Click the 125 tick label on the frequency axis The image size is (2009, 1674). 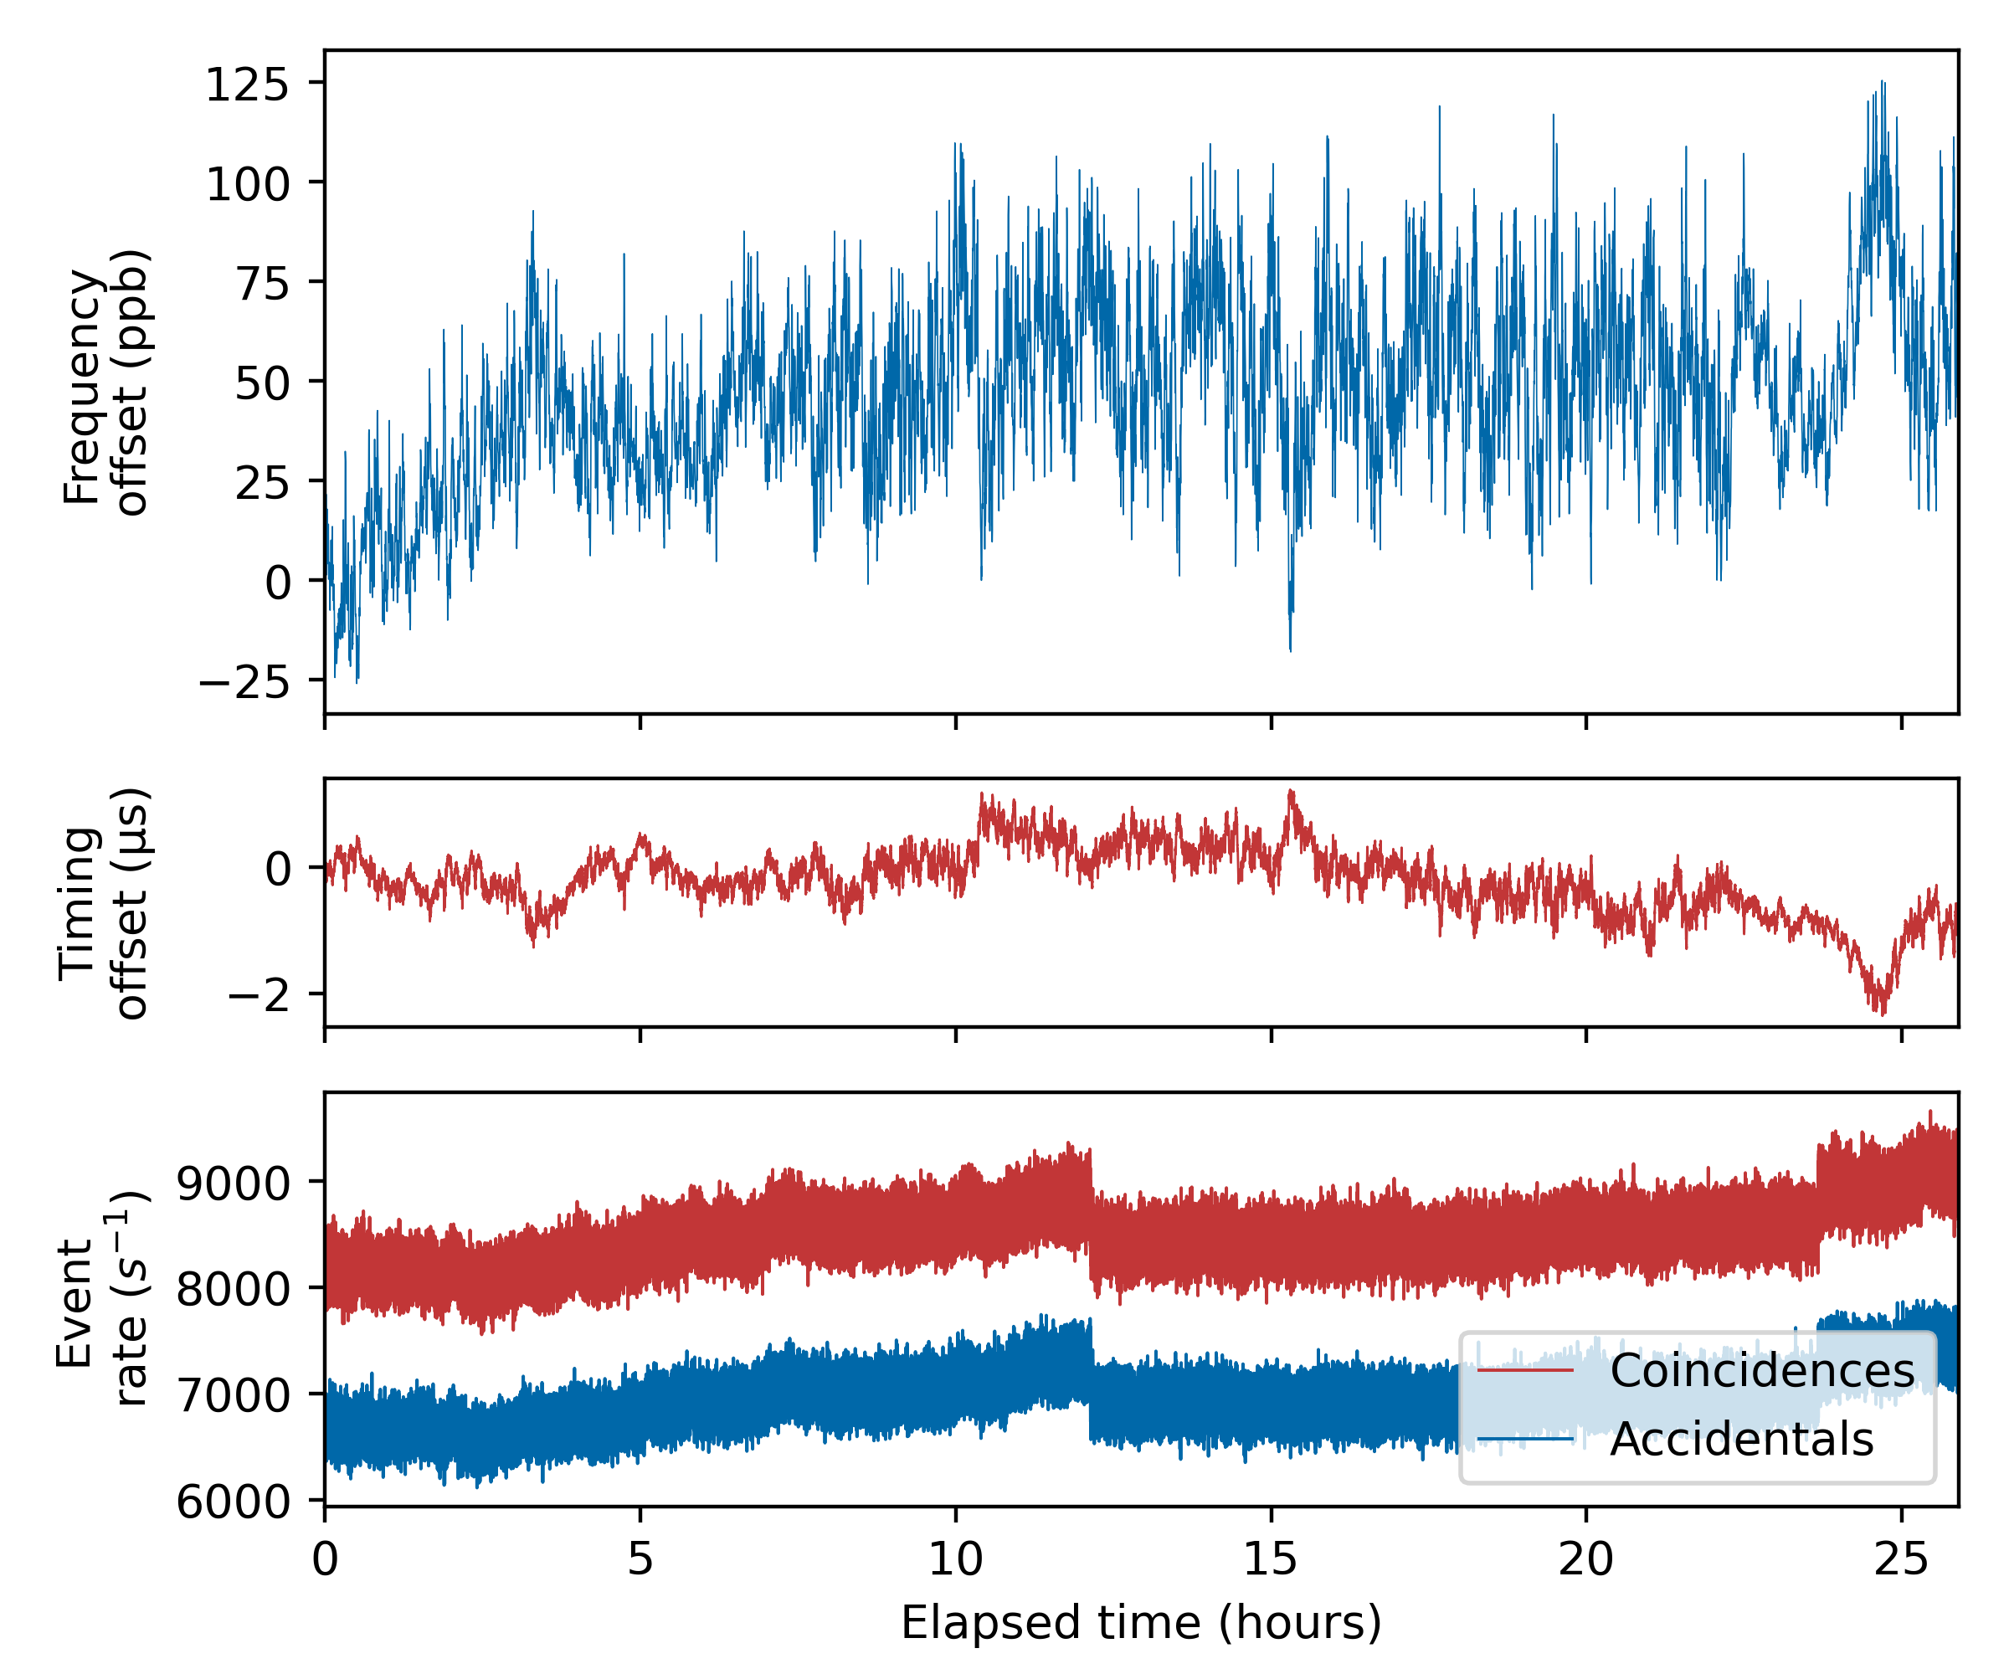pos(247,85)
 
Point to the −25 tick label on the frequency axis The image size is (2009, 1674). pos(243,682)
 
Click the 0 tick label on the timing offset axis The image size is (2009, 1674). pos(279,870)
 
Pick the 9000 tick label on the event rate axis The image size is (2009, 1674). pos(234,1184)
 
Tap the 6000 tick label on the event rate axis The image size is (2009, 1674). pos(234,1502)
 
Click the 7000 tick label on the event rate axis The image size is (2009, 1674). pos(234,1395)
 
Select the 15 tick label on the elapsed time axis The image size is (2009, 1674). pos(1271,1560)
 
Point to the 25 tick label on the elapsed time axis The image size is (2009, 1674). pos(1901,1560)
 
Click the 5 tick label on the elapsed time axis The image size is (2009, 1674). pos(640,1560)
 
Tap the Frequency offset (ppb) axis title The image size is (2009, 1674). pos(105,383)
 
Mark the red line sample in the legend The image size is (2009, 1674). pos(1525,1371)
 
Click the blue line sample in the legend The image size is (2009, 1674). pos(1525,1440)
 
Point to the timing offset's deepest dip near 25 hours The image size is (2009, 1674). pos(1882,1012)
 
